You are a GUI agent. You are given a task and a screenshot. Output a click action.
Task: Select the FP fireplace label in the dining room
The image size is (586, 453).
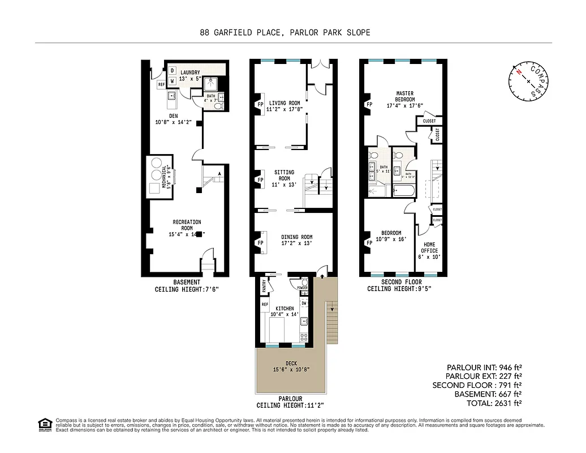[x=261, y=243]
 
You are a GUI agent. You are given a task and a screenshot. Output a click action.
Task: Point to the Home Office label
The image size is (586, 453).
[x=429, y=251]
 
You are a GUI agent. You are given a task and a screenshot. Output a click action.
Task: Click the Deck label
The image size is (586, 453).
[x=291, y=366]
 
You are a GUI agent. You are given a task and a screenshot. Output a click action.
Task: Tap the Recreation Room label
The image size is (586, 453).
[x=187, y=228]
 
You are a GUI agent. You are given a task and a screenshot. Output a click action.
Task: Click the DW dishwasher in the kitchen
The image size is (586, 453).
[x=304, y=303]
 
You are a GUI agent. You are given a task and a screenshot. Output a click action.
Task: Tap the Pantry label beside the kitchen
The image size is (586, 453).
[x=264, y=287]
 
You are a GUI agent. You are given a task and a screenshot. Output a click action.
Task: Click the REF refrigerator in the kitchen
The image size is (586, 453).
[x=264, y=305]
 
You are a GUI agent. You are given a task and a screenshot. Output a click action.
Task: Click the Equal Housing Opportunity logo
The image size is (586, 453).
[x=44, y=424]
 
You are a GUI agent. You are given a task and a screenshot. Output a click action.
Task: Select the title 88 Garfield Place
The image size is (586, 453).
[x=285, y=32]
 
